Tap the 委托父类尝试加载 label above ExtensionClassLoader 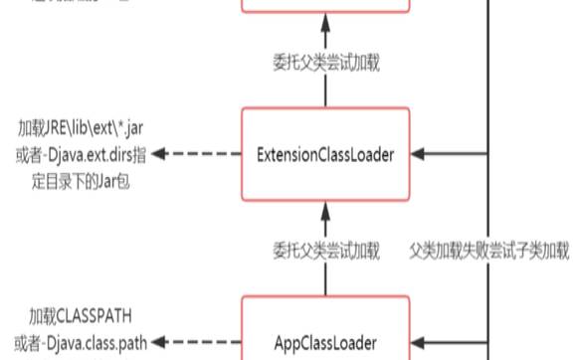[326, 61]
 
